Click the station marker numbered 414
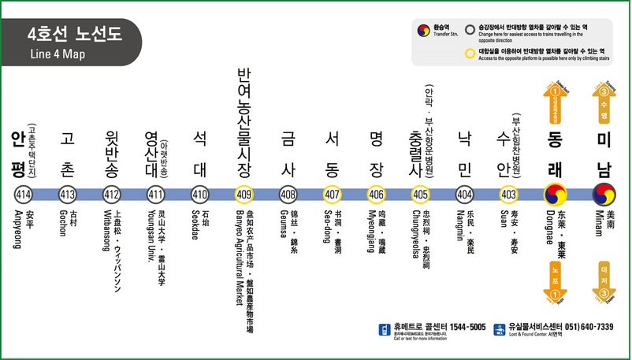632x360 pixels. pyautogui.click(x=22, y=195)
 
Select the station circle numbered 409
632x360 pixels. pyautogui.click(x=244, y=195)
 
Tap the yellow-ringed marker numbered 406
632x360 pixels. pyautogui.click(x=376, y=195)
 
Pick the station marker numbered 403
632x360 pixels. pyautogui.click(x=509, y=195)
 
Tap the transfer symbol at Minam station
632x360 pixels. pyautogui.click(x=604, y=194)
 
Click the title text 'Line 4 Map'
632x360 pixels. pyautogui.click(x=57, y=54)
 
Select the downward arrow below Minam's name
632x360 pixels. pyautogui.click(x=604, y=280)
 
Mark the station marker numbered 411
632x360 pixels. pyautogui.click(x=155, y=195)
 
